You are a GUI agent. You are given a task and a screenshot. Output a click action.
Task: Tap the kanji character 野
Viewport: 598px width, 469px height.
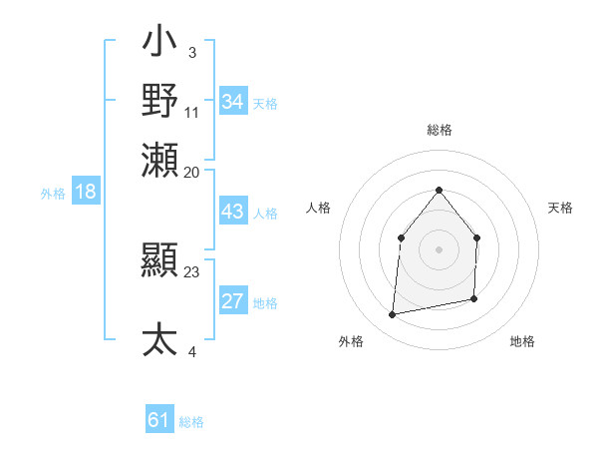[160, 101]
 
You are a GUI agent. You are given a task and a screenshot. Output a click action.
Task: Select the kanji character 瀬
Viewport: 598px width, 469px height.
[160, 160]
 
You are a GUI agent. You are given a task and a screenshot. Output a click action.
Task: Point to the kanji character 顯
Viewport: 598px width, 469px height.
[160, 262]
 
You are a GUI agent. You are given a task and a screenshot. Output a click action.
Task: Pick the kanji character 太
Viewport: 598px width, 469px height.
[160, 339]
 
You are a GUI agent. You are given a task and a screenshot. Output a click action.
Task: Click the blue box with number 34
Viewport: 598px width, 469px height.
[233, 102]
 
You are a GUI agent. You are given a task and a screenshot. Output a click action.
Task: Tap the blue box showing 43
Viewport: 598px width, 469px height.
[233, 212]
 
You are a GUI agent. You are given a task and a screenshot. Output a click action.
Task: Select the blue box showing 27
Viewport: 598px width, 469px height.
[233, 301]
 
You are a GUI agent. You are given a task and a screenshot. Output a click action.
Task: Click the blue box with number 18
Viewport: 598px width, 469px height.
[86, 192]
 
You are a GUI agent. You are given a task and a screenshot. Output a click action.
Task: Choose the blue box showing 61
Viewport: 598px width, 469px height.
[159, 420]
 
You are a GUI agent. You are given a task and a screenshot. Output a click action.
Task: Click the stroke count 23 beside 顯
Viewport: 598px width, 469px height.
[192, 270]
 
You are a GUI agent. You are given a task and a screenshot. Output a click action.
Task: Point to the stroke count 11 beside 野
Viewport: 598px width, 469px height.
[192, 111]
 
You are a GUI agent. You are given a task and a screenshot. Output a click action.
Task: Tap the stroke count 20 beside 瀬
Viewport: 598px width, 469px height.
[192, 171]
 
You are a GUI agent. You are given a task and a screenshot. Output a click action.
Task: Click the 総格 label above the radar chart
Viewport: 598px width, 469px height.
[440, 130]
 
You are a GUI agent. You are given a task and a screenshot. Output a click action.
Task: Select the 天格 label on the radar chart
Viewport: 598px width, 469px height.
[561, 208]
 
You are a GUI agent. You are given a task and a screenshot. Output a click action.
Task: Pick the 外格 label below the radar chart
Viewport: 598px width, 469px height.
[351, 341]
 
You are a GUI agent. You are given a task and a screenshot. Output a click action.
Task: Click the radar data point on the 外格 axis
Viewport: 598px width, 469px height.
[393, 315]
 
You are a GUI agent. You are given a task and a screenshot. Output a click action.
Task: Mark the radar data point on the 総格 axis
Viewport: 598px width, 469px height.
[440, 190]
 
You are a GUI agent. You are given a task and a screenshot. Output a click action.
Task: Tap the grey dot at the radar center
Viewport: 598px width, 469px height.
[440, 249]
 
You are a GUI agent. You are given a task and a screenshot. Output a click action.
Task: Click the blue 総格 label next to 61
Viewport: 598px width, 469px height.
[191, 422]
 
